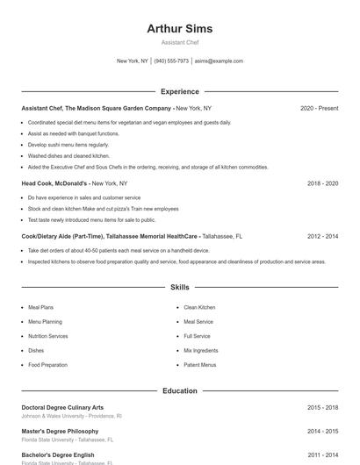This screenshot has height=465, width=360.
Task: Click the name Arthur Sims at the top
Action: point(179,28)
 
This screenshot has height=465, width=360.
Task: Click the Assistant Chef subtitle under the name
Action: point(179,42)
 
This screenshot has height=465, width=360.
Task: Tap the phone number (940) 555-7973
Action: point(171,61)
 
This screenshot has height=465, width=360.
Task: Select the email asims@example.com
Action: point(219,61)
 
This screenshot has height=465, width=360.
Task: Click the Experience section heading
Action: point(179,91)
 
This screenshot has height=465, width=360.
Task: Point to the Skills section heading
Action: point(179,287)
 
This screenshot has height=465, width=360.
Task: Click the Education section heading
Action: point(179,390)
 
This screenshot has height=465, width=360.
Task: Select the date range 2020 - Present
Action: point(319,108)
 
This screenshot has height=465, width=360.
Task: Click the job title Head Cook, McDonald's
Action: point(55,183)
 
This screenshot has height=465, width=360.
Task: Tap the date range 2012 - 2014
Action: point(322,236)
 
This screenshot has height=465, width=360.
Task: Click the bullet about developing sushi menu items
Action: point(68,145)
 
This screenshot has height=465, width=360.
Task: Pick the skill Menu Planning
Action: point(45,322)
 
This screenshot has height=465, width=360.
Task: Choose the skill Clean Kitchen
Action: point(199,308)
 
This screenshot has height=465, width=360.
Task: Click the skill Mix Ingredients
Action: point(201,350)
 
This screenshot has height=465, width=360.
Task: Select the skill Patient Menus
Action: point(199,364)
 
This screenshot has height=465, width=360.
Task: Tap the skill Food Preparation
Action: point(47,364)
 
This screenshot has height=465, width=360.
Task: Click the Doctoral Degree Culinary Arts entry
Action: point(62,407)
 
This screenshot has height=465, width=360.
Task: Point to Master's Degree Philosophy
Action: point(61,431)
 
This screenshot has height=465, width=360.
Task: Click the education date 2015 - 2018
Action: point(322,407)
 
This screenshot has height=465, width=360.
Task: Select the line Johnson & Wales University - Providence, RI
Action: point(71,416)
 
